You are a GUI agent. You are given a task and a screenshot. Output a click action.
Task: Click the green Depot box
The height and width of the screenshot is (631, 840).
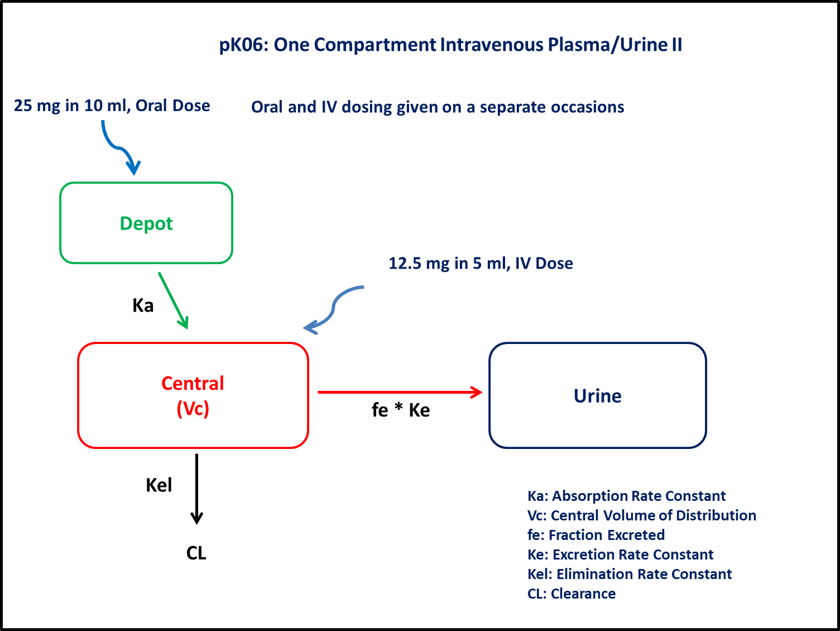146,223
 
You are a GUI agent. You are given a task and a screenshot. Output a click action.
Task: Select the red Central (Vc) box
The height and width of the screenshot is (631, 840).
193,395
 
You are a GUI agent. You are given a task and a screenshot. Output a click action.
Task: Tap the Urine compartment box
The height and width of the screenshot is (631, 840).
597,395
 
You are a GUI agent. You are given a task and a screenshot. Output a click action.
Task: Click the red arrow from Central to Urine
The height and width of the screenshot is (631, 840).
399,392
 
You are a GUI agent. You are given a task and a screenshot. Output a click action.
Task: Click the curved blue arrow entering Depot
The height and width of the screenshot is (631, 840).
118,148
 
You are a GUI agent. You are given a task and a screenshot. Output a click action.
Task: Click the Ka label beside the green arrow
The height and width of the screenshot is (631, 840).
143,305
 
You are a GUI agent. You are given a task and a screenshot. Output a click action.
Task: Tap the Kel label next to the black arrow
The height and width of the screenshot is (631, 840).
159,485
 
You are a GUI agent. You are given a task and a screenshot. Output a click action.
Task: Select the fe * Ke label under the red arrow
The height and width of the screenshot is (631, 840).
401,410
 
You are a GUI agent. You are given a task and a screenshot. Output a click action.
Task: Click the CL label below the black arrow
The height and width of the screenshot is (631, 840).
196,553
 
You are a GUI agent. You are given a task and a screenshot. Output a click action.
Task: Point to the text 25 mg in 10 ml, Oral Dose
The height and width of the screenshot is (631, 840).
112,106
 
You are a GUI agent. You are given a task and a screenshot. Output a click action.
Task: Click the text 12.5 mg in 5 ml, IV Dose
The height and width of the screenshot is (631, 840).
481,263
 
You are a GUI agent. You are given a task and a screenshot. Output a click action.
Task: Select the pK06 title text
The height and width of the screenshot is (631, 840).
450,45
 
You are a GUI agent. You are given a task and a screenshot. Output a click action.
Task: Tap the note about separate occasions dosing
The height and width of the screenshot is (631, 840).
438,107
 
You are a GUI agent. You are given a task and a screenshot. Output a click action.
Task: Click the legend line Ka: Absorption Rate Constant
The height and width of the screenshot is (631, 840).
626,496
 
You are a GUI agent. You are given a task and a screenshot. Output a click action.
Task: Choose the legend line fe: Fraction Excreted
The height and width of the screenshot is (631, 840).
596,535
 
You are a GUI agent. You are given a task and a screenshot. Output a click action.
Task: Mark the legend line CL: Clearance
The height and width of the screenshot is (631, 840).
572,594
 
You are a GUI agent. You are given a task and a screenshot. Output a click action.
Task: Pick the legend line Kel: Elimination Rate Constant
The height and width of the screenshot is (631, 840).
630,574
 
